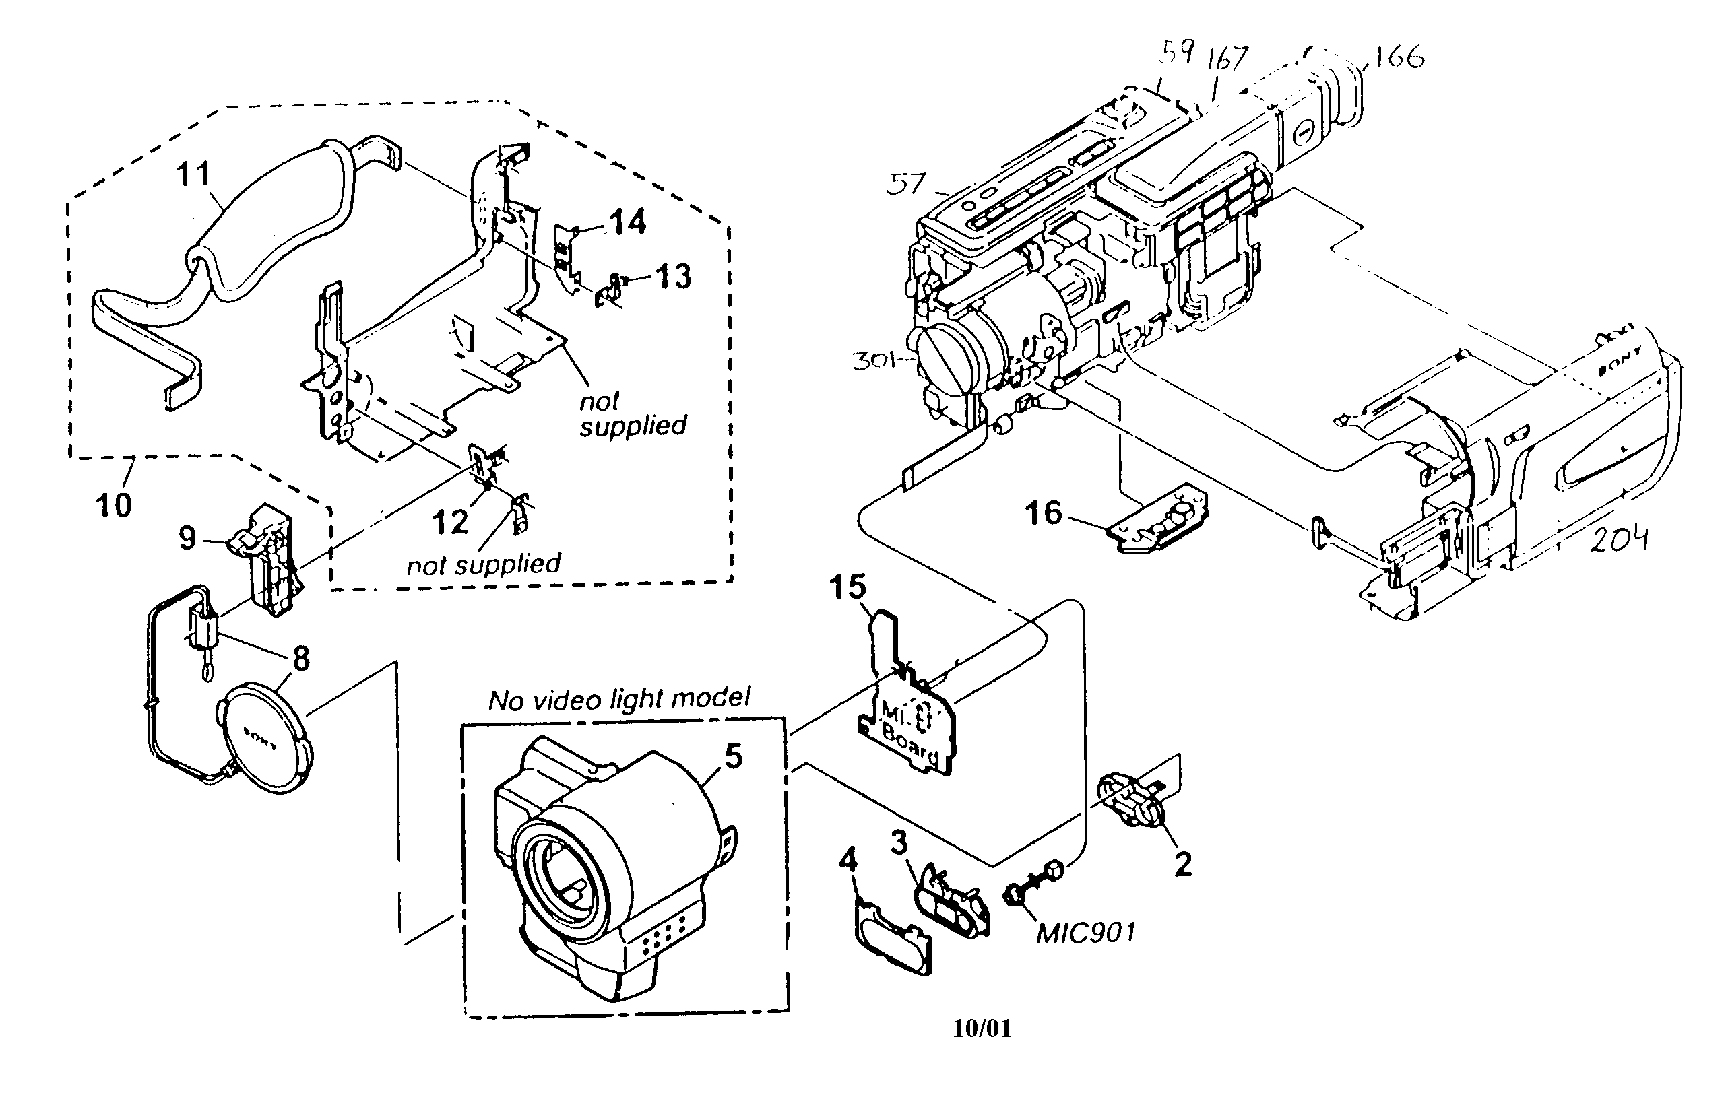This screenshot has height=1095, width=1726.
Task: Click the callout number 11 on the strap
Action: click(x=193, y=174)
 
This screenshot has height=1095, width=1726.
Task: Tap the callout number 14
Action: click(x=628, y=222)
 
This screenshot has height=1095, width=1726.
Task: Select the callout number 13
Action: click(x=673, y=277)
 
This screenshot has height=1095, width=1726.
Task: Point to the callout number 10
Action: click(x=113, y=506)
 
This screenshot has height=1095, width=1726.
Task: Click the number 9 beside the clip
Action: click(x=187, y=537)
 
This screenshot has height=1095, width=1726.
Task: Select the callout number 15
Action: click(x=848, y=587)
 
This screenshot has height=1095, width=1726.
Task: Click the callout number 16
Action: click(x=1043, y=513)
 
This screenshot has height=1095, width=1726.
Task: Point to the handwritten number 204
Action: click(x=1619, y=539)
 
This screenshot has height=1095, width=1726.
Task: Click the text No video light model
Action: click(x=619, y=699)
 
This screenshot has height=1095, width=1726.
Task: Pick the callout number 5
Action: click(x=733, y=756)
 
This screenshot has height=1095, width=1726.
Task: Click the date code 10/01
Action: click(x=982, y=1029)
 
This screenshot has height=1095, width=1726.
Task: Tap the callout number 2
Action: click(x=1183, y=864)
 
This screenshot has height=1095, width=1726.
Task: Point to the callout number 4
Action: click(x=848, y=858)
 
